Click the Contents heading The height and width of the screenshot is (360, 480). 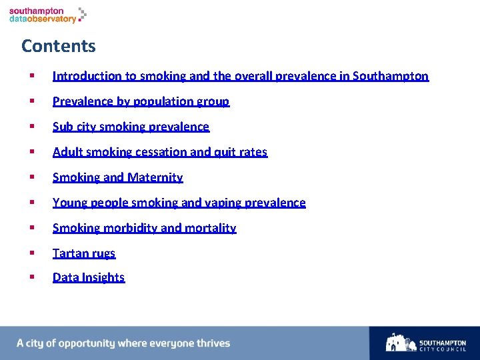59,46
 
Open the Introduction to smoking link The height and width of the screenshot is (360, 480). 240,76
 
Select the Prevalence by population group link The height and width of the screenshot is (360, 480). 141,101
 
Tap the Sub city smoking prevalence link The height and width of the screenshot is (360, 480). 131,127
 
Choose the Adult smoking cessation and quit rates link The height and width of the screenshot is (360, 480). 159,152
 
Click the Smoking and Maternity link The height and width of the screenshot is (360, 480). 117,177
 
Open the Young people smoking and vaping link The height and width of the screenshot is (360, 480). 179,203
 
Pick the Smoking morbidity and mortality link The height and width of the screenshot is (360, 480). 144,228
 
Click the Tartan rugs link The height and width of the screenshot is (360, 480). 84,253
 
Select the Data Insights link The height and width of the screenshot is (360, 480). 89,277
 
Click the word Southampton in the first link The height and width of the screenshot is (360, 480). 391,76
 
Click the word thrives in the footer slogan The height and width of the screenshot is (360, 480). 213,343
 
